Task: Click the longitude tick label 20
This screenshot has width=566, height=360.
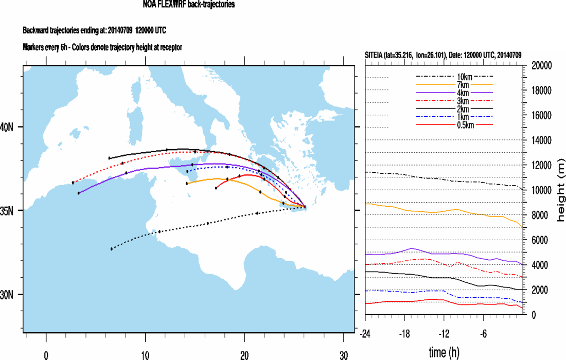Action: (x=244, y=354)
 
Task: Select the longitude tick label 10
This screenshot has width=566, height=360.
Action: (x=146, y=354)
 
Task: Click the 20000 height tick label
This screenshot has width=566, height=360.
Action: (x=540, y=65)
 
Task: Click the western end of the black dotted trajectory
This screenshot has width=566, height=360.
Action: (x=112, y=249)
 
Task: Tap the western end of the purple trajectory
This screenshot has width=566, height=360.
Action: (x=78, y=193)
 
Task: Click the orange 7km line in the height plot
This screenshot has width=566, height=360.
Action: (x=443, y=211)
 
